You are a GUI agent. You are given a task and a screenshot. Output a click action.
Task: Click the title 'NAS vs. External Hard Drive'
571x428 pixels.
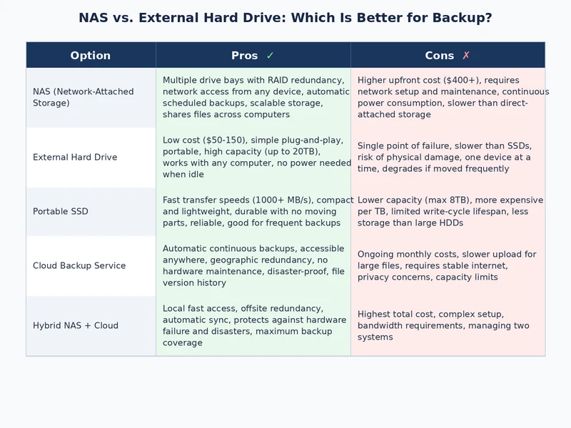285,18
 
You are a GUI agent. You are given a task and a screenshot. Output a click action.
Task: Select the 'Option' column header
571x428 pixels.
91,56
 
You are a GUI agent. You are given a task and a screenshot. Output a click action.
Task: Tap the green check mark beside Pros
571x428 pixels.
270,56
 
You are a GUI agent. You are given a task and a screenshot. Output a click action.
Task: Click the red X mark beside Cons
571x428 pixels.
466,56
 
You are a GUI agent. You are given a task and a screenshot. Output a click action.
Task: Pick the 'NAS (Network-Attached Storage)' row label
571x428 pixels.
83,97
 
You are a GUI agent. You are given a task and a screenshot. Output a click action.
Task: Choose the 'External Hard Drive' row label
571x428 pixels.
75,157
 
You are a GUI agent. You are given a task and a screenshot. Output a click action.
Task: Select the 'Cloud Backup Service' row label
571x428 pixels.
79,265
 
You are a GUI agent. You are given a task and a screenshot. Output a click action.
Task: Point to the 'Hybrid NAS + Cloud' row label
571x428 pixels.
76,325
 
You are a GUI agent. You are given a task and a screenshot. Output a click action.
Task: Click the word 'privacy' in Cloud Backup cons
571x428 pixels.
375,277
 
